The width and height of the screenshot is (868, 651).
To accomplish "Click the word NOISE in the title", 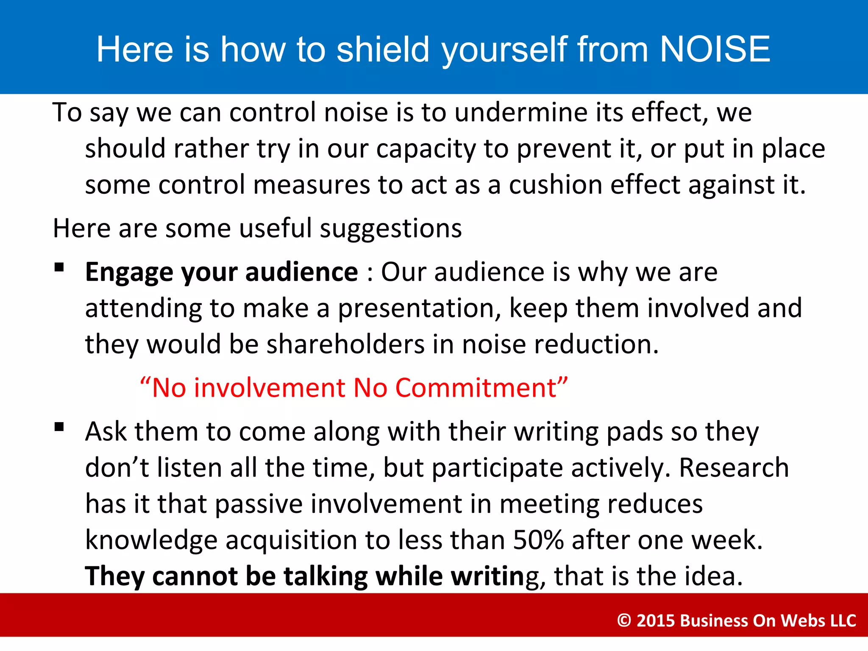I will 715,49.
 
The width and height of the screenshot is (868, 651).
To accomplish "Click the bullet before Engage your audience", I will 59,267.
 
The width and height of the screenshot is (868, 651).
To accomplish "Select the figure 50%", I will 538,540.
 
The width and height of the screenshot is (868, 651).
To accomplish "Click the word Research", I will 734,468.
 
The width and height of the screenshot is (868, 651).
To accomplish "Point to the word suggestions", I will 390,229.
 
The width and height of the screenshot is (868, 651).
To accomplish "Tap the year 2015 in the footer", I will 656,620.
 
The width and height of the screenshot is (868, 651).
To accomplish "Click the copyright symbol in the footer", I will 624,620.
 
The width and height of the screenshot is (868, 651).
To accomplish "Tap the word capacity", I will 426,149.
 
